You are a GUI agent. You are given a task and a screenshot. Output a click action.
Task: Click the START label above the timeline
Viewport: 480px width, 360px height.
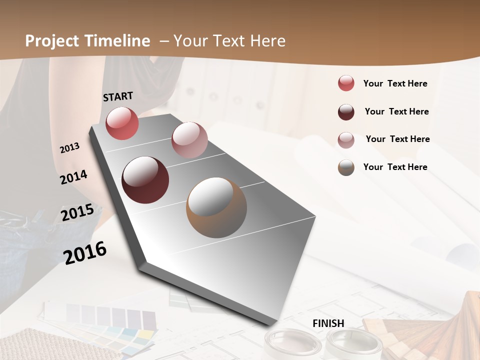pos(118,96)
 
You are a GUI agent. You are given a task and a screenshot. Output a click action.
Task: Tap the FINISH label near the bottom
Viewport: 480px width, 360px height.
pos(328,323)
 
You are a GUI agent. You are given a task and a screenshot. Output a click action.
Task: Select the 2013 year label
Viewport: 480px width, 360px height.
pos(70,148)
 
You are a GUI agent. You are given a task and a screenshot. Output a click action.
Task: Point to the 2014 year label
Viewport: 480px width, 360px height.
pos(74,177)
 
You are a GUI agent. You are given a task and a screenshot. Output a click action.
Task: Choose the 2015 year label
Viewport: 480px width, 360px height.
pos(77,212)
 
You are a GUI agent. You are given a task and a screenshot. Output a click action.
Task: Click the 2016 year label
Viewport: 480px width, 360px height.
pos(85,252)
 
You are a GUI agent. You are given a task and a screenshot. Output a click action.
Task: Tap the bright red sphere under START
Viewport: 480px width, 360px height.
pos(122,123)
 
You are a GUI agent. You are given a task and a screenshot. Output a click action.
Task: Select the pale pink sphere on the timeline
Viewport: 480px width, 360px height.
pos(189,140)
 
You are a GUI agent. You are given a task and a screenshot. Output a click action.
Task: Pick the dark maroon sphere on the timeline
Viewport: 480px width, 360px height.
pos(145,180)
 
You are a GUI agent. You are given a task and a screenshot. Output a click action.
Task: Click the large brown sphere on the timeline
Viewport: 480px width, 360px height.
pos(216,207)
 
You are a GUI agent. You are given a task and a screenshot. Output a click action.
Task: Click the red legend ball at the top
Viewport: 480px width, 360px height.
pos(346,83)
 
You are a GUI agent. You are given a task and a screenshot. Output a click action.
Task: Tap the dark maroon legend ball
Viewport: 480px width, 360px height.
pos(346,112)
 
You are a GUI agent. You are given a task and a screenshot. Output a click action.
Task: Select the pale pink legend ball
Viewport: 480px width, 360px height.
pos(346,140)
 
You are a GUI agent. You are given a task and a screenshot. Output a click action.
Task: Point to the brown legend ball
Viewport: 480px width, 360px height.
pos(346,167)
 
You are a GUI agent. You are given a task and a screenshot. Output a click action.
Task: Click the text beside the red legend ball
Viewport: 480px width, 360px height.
pos(395,84)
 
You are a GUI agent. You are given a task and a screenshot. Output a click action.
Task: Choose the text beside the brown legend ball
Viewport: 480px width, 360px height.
pos(395,167)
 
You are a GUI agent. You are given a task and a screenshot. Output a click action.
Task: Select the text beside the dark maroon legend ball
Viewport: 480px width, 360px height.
pos(396,111)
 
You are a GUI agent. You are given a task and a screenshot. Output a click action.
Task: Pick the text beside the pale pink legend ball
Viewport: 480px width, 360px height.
pos(397,139)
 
